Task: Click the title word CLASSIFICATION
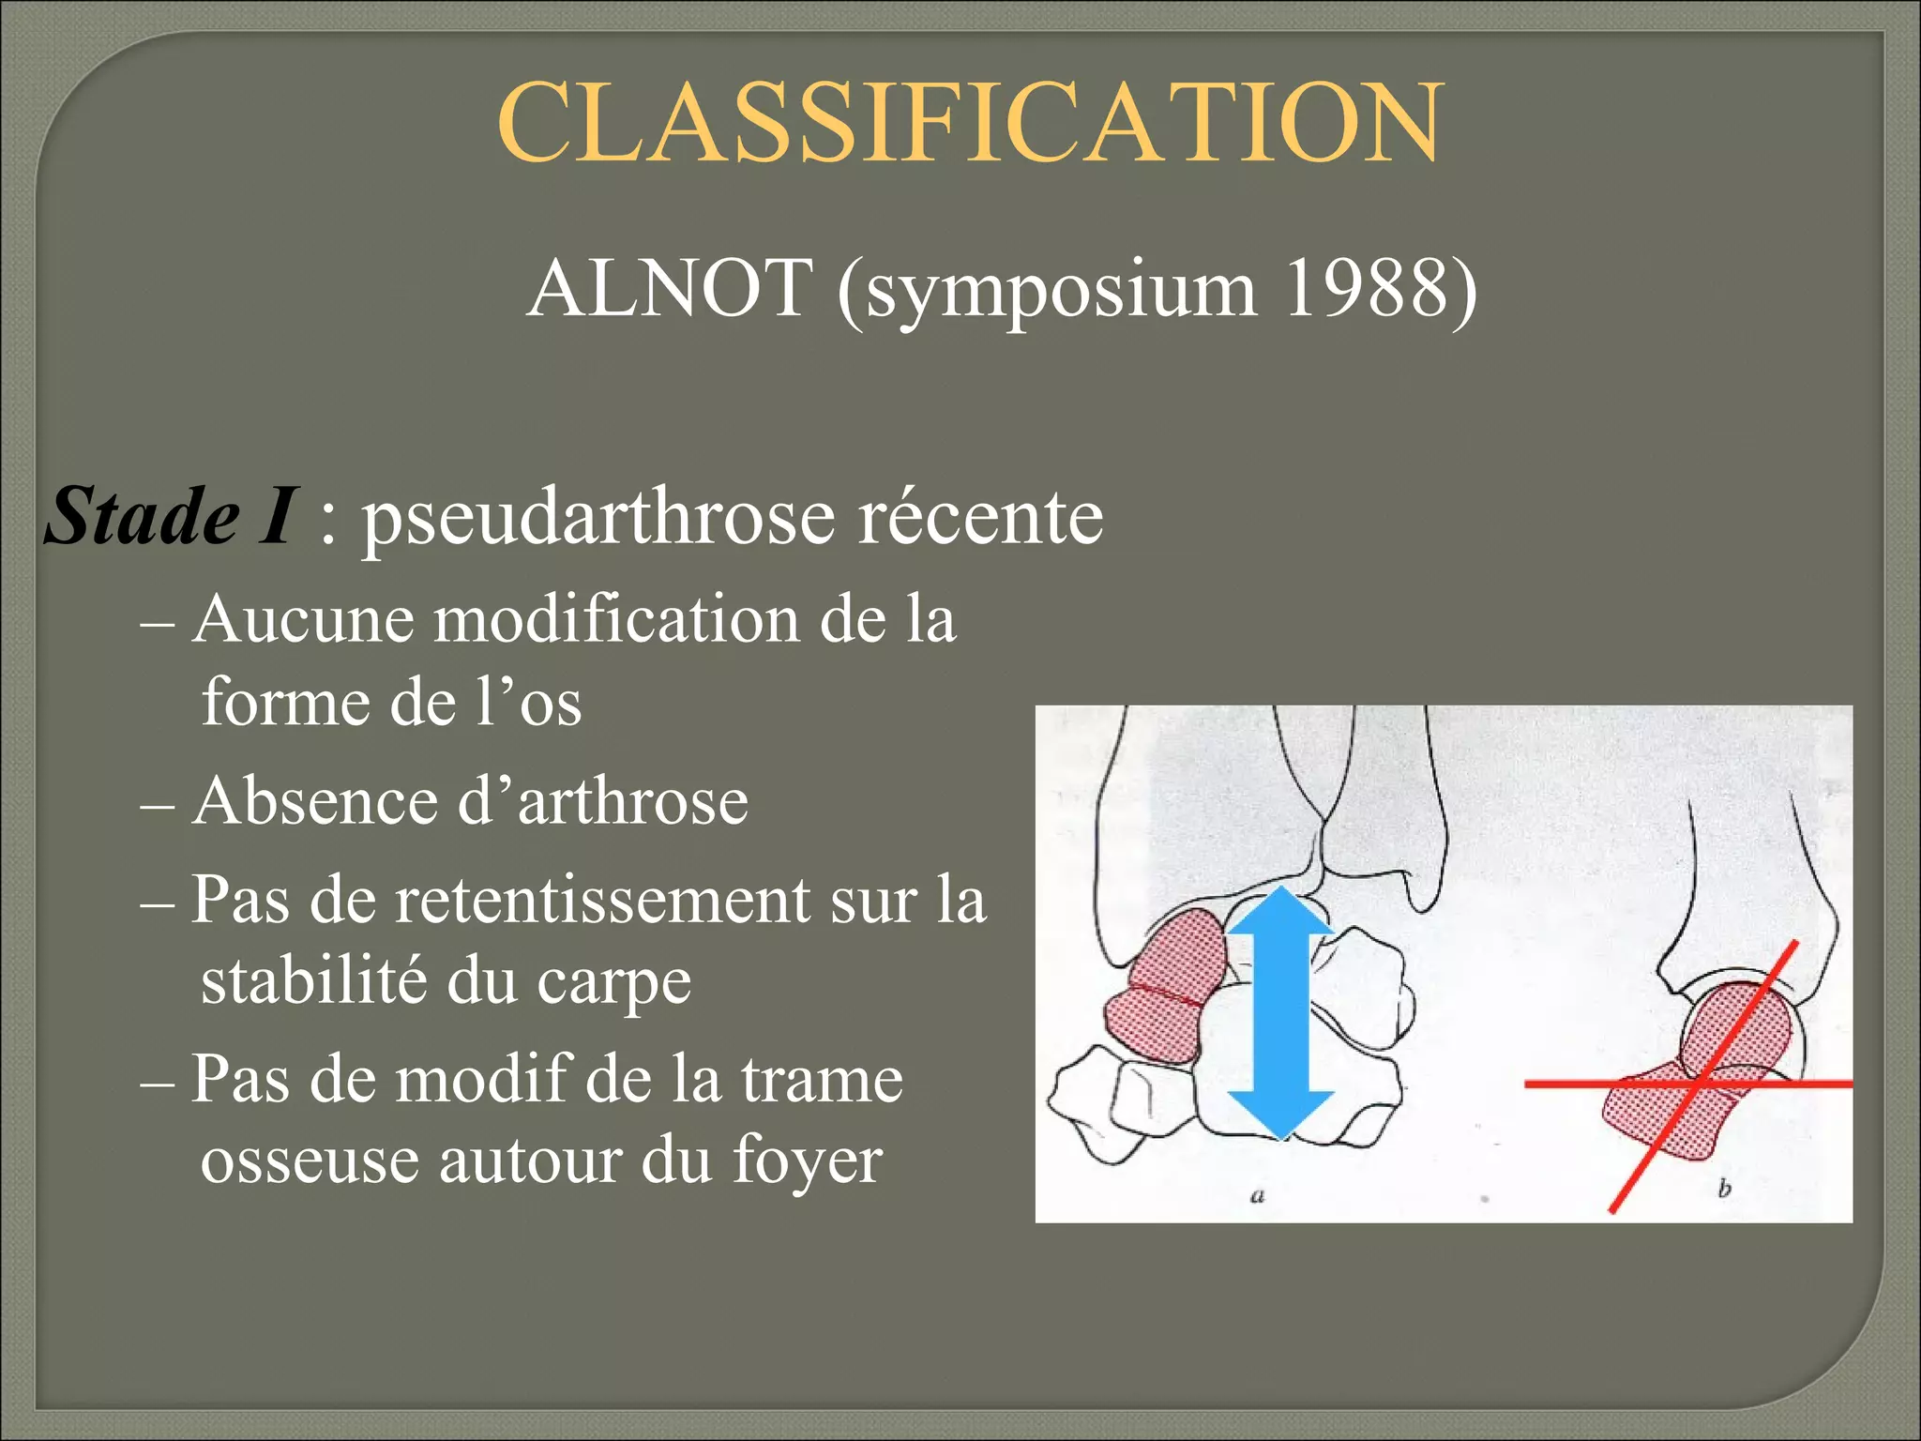tap(968, 122)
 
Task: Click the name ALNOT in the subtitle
tap(669, 288)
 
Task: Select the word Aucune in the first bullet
tap(302, 620)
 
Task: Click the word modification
tap(615, 620)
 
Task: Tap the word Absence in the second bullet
tap(313, 802)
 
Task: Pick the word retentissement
tap(603, 900)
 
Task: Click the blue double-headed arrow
tap(1280, 1013)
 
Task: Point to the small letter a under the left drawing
tap(1258, 1196)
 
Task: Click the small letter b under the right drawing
tap(1724, 1190)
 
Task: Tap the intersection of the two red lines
tap(1700, 1084)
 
